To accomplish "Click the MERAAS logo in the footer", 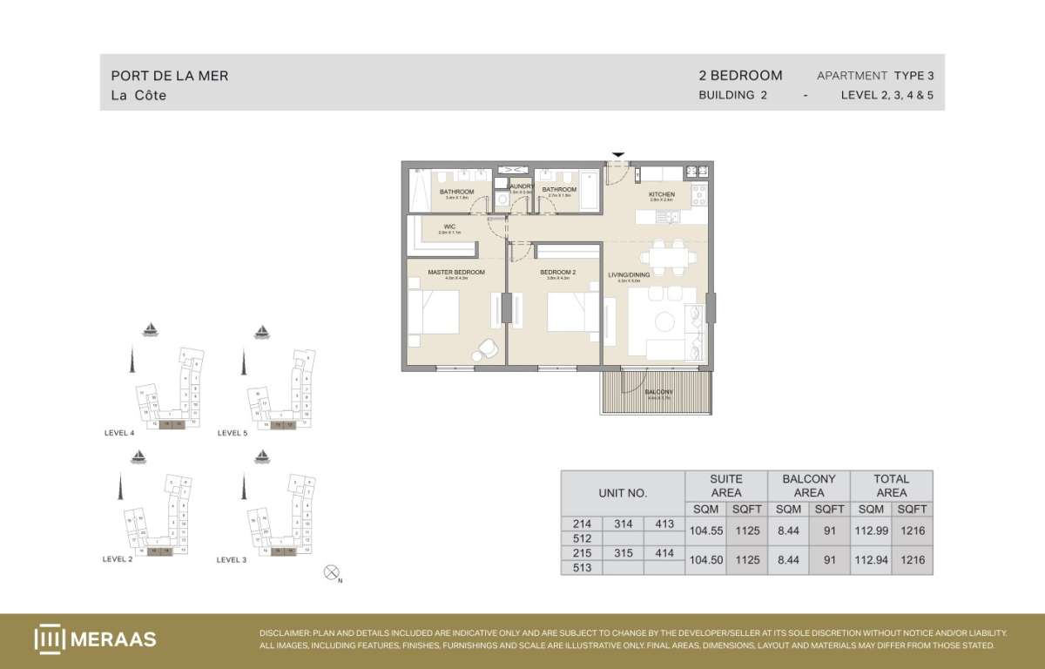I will [x=96, y=639].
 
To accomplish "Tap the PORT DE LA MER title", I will [x=170, y=76].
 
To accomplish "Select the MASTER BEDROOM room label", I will [x=455, y=273].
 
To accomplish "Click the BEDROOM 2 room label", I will [x=554, y=273].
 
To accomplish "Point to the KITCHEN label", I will [x=662, y=194].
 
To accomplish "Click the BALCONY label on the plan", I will [x=658, y=393].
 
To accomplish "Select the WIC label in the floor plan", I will [x=448, y=227].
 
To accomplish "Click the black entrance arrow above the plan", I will [x=618, y=155].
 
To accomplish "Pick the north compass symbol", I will [x=331, y=572].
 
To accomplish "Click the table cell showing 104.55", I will [x=705, y=529].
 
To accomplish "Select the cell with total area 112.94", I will [x=871, y=559].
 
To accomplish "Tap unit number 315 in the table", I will [x=623, y=553].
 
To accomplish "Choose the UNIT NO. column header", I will [x=623, y=493].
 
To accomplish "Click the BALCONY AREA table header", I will [x=809, y=485].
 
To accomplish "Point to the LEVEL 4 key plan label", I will [x=118, y=433].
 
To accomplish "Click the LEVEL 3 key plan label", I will [x=232, y=560].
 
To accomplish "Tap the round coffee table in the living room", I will [x=666, y=322].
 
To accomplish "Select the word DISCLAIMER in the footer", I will [x=286, y=633].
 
